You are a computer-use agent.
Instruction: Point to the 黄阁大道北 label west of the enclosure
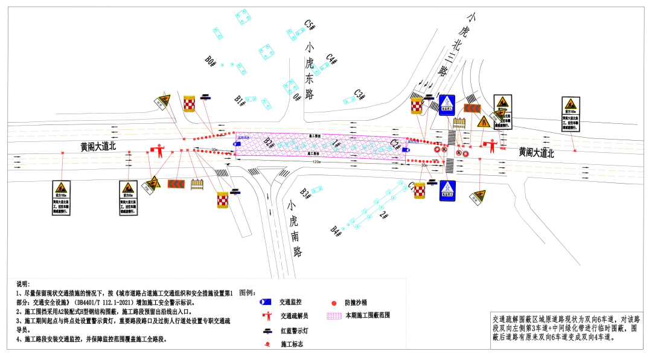(100, 146)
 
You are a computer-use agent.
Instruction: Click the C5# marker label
(310, 25)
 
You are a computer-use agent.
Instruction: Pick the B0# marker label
(211, 61)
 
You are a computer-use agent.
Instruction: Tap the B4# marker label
(336, 230)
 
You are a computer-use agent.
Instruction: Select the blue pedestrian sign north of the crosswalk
(446, 105)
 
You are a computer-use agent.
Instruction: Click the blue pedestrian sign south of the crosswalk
(447, 190)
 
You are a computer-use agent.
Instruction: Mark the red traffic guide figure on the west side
(159, 150)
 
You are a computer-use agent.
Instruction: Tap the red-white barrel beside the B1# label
(190, 103)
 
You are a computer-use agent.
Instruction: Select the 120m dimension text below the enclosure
(316, 162)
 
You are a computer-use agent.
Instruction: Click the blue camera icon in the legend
(265, 301)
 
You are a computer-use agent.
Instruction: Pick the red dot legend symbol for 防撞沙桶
(333, 302)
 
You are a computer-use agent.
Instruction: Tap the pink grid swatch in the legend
(334, 315)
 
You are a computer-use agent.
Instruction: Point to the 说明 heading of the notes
(23, 284)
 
